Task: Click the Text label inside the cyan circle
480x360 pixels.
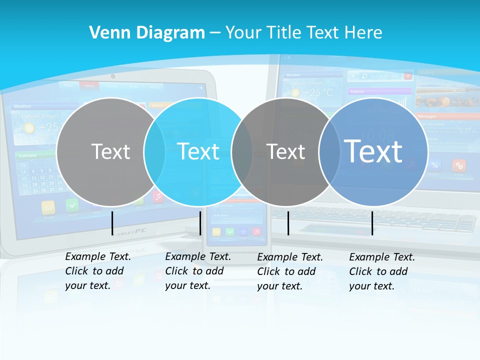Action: tap(198, 151)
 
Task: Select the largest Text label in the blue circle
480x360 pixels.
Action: tap(373, 151)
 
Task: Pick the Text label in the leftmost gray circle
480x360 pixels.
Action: tap(110, 151)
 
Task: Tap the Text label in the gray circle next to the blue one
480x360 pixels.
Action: tap(285, 151)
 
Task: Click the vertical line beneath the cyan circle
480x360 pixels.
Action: tap(200, 223)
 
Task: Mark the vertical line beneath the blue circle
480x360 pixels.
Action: tap(372, 223)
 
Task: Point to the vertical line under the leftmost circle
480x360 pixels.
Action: tap(112, 223)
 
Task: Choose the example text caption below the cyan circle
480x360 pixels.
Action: tap(198, 271)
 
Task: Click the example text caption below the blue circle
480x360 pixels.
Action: tap(382, 271)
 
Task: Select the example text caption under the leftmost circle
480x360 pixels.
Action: tap(98, 271)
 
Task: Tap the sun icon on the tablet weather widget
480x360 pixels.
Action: tap(29, 128)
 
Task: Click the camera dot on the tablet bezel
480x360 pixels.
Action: tap(113, 76)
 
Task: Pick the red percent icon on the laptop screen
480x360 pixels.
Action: tap(459, 165)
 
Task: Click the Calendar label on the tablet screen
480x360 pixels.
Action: tap(28, 155)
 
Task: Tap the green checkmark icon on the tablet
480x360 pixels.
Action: tap(72, 205)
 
